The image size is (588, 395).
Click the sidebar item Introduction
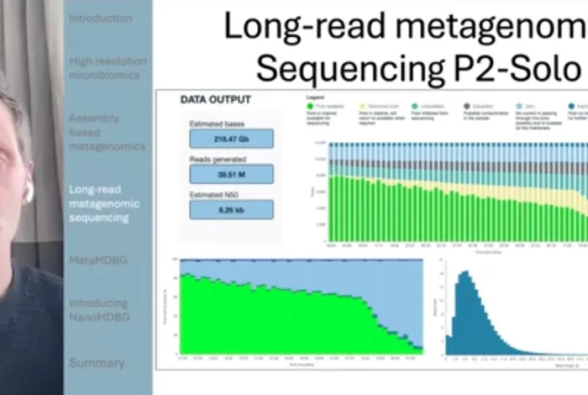[100, 18]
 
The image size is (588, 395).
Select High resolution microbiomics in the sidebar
[108, 68]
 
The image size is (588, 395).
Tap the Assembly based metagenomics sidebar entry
[107, 132]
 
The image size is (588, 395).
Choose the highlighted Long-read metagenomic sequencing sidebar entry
[104, 203]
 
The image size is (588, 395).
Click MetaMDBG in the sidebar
[97, 261]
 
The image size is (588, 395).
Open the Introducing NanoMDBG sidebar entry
[98, 309]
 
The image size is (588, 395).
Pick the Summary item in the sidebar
[97, 363]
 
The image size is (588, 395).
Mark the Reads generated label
[216, 159]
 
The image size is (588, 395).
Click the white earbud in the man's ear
[28, 190]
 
